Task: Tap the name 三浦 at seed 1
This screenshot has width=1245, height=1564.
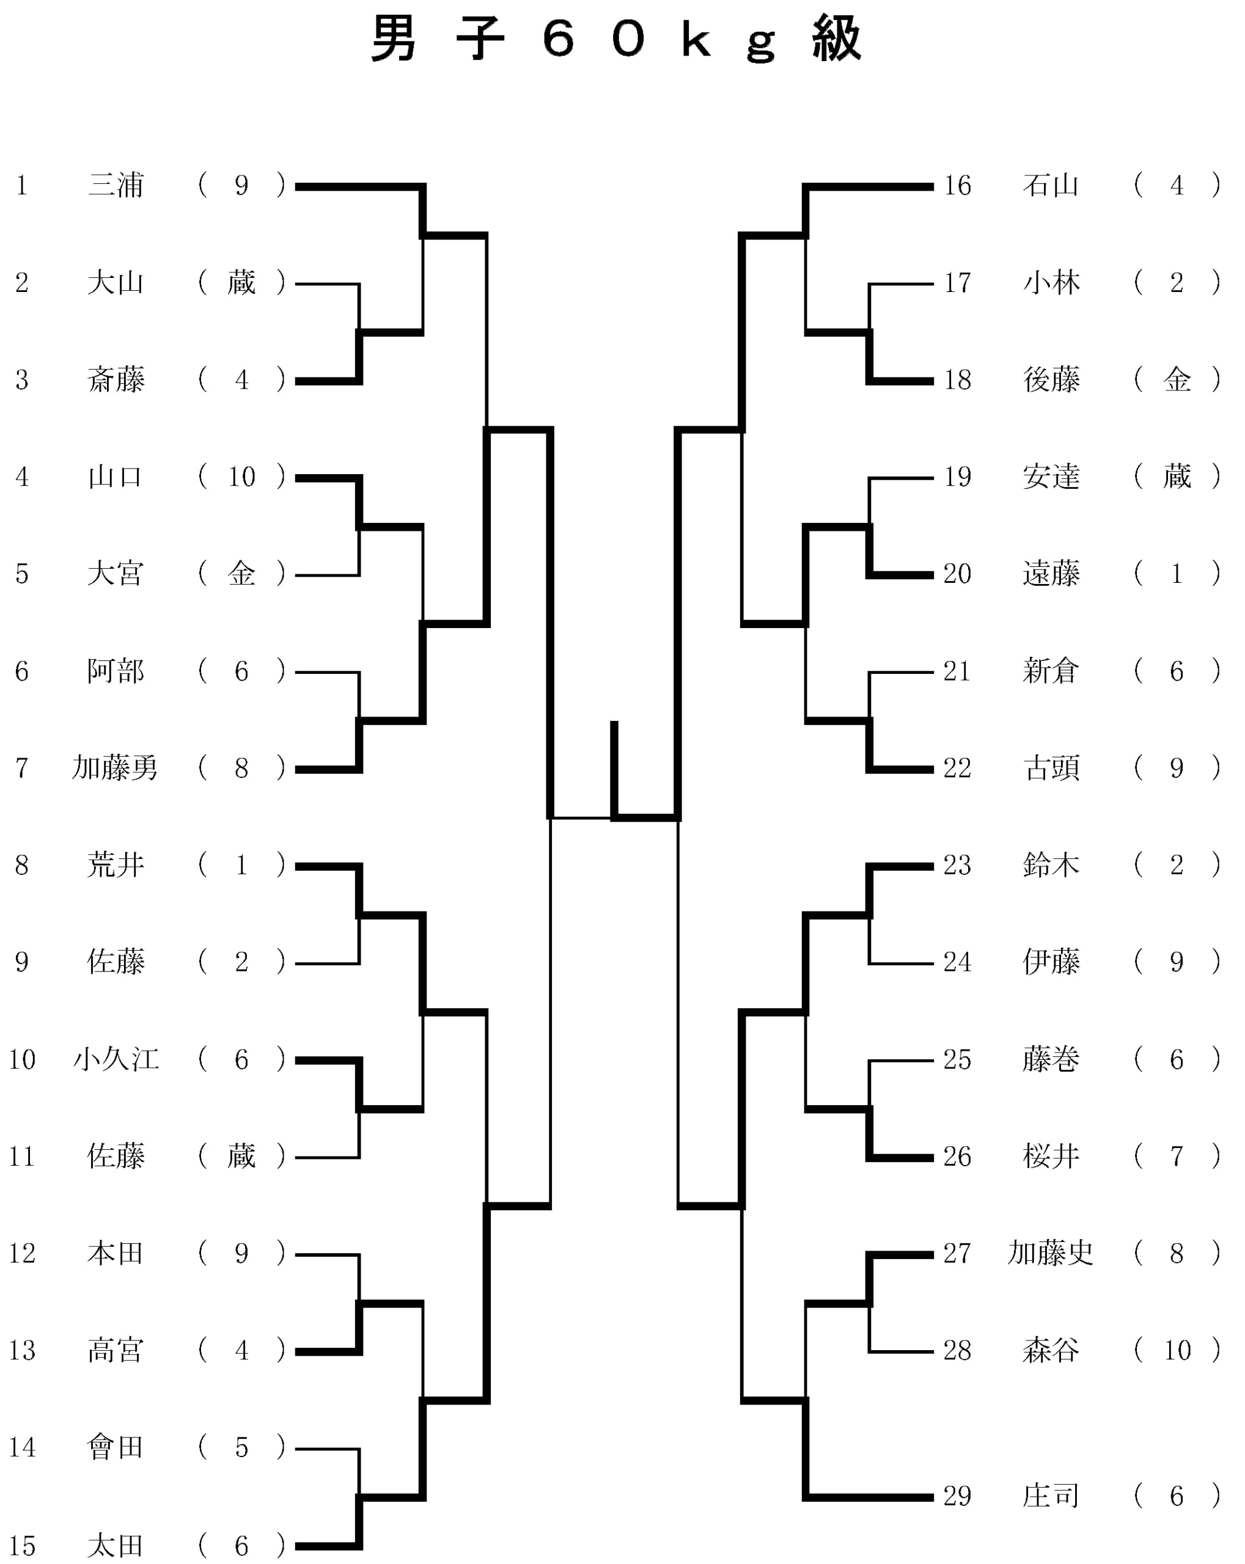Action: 116,186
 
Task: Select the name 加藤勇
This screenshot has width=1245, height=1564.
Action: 115,767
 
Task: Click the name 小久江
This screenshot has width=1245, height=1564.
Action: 116,1059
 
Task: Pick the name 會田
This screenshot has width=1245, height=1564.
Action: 116,1447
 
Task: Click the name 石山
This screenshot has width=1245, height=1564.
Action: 1051,186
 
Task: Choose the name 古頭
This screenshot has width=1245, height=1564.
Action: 1051,767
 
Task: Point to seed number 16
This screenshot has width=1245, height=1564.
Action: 957,186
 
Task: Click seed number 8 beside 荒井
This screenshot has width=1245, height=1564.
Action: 22,864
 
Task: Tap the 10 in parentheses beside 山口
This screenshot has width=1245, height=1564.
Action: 241,477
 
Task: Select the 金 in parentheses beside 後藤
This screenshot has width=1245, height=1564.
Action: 1177,379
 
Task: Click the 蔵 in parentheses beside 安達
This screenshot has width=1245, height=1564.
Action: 1177,477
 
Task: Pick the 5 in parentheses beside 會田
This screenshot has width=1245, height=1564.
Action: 241,1447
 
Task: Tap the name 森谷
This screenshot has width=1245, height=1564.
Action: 1051,1350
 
